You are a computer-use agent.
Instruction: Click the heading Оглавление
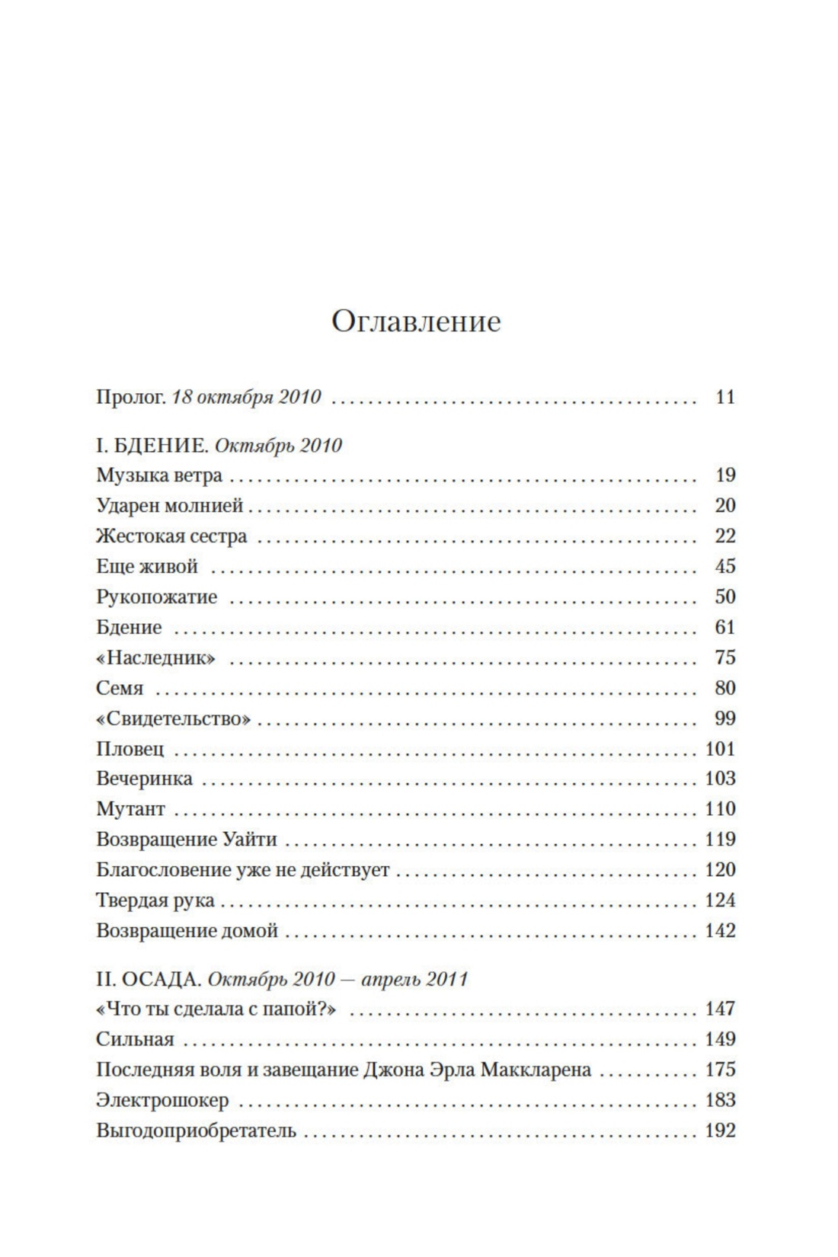click(x=416, y=321)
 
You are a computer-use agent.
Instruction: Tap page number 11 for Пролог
click(x=725, y=397)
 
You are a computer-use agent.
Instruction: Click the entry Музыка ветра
click(x=159, y=475)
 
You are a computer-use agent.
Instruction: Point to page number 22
click(x=725, y=536)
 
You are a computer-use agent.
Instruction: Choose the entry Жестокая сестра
click(x=171, y=536)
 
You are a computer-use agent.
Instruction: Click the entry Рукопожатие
click(x=156, y=597)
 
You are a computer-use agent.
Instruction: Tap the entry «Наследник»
click(x=155, y=658)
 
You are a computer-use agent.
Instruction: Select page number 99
click(x=725, y=718)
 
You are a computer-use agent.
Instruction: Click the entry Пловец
click(x=130, y=749)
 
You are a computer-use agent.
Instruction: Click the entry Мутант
click(x=130, y=809)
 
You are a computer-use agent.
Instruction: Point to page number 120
click(x=720, y=870)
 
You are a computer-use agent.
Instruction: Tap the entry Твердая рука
click(x=155, y=900)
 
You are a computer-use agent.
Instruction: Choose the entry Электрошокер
click(x=162, y=1100)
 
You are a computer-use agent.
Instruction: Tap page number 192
click(x=720, y=1131)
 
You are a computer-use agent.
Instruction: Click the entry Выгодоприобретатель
click(x=196, y=1131)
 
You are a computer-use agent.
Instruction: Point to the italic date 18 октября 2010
click(x=247, y=397)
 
